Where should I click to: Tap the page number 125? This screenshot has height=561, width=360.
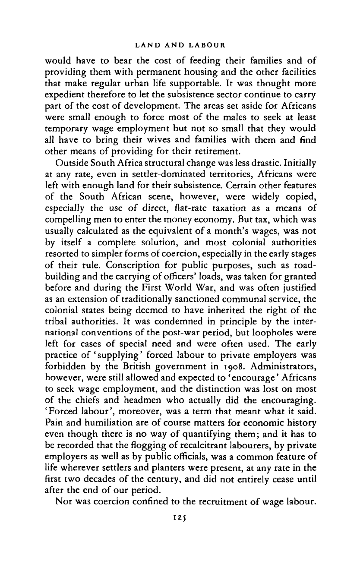tap(180, 534)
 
